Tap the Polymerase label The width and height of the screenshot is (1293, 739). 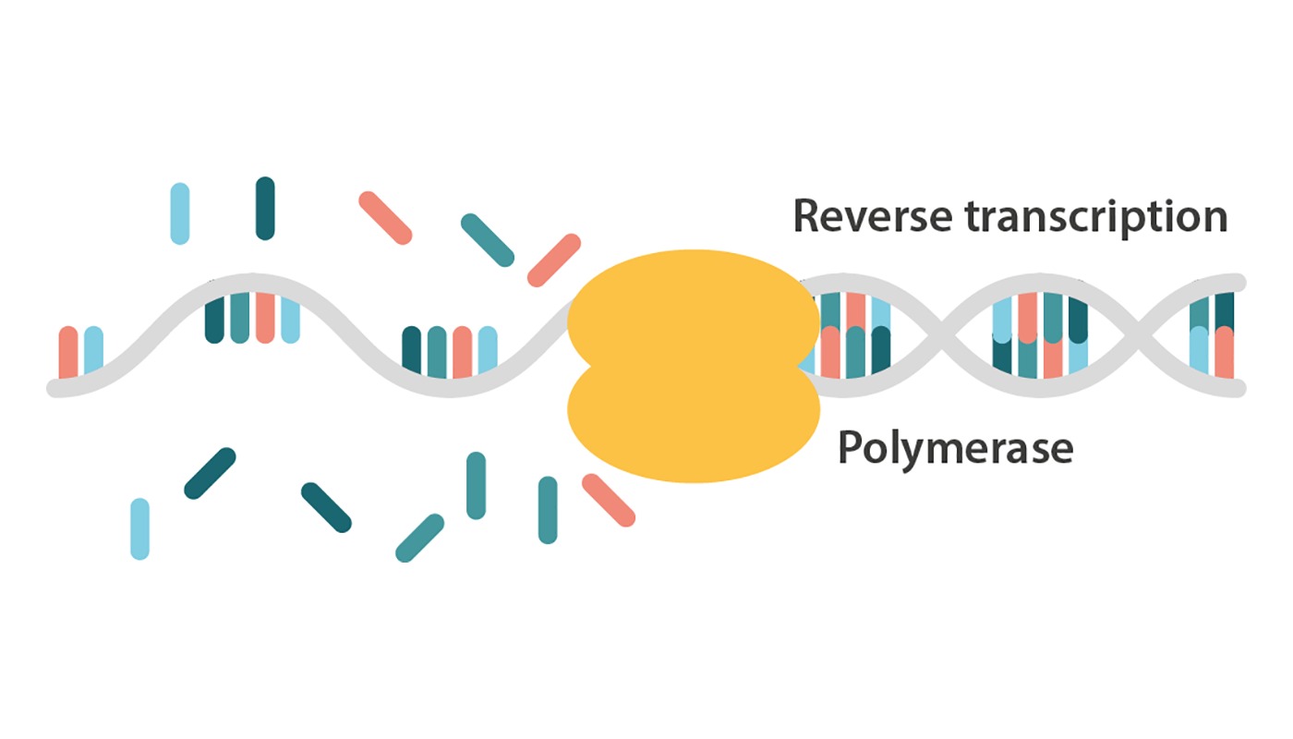[955, 449]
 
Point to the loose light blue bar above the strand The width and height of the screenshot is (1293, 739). [180, 213]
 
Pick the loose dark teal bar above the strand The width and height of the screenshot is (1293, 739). [265, 209]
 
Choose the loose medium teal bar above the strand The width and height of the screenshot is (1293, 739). [487, 240]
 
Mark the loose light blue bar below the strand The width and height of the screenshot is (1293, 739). [139, 528]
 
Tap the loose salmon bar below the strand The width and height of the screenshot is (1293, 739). [609, 501]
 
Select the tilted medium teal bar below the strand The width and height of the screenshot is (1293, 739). [420, 538]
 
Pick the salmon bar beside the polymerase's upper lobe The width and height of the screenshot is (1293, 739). [553, 260]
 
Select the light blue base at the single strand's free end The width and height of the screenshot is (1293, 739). [93, 351]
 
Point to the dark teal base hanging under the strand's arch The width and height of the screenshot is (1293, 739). [214, 319]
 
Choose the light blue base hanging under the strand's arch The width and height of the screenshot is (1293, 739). [290, 320]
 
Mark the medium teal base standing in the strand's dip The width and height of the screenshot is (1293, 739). [437, 352]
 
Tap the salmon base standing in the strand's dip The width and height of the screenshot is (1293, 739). [462, 352]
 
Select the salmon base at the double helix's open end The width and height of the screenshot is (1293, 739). [1225, 353]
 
